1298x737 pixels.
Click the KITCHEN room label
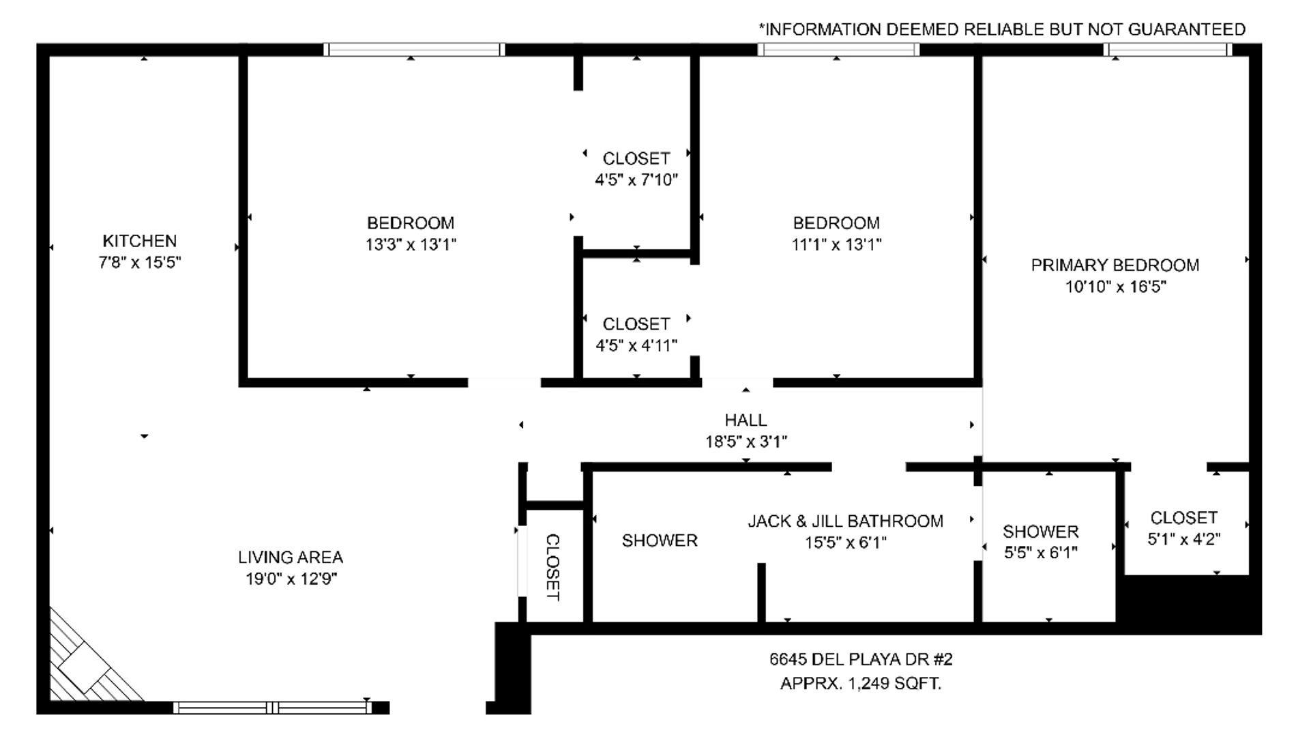139,241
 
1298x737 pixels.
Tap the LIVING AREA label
291,557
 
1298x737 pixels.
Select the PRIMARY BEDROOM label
1115,265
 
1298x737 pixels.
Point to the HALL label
746,420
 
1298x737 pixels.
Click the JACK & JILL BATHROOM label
846,521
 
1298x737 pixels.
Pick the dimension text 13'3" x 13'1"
411,244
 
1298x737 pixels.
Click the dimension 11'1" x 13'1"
836,244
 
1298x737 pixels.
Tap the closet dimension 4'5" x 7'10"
636,180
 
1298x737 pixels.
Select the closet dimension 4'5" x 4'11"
636,345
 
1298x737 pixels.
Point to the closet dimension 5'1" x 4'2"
1184,539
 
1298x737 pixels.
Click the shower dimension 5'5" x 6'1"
1041,553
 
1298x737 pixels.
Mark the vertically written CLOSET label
553,567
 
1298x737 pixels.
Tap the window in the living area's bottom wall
273,708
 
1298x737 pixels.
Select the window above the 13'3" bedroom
414,49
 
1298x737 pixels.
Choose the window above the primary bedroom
1168,49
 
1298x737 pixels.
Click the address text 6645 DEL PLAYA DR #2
861,659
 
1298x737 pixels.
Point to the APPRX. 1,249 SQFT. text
861,683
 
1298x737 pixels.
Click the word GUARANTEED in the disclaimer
1187,29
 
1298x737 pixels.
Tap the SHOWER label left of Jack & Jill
660,540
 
